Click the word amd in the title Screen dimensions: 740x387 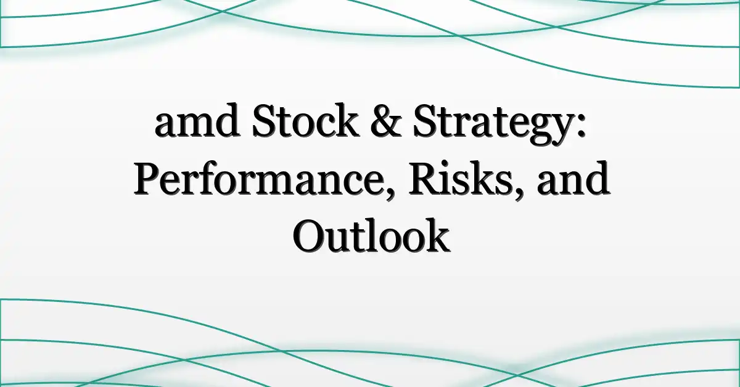click(x=197, y=120)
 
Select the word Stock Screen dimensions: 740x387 click(x=306, y=120)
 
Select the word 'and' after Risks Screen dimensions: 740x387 click(x=573, y=177)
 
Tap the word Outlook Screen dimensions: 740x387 click(x=371, y=235)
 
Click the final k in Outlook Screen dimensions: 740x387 click(x=434, y=235)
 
